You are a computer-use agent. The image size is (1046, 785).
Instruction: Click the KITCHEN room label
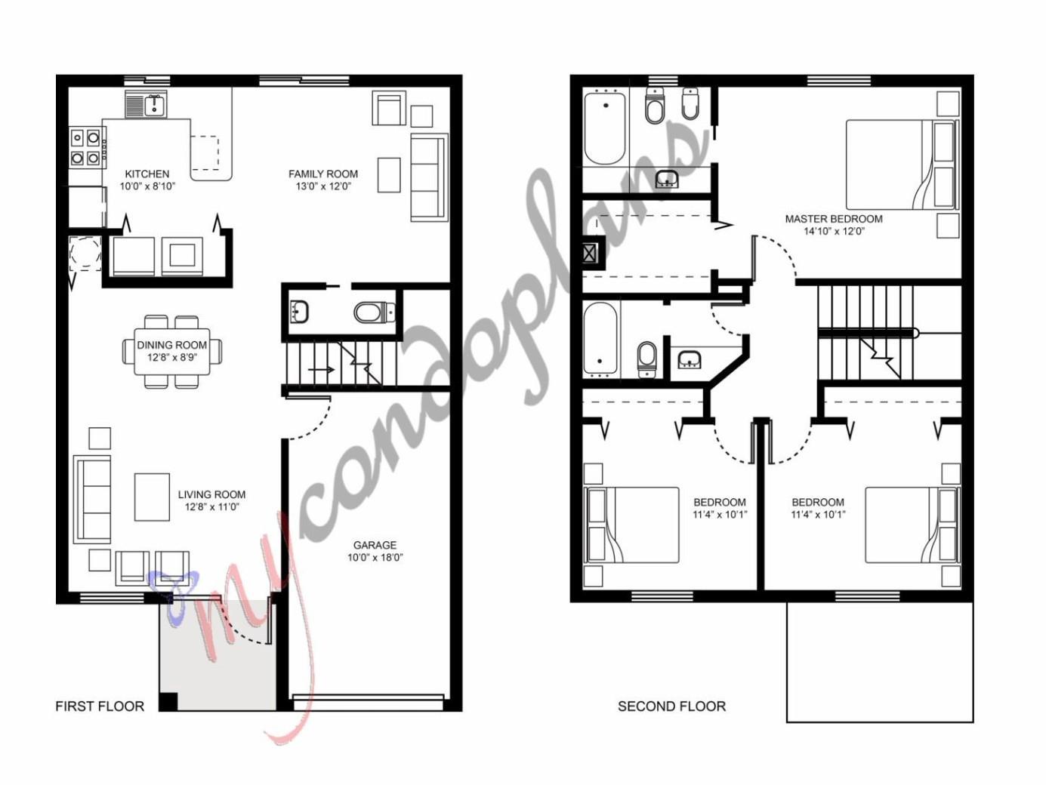click(x=147, y=174)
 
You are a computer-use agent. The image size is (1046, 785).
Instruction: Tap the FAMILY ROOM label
click(x=322, y=174)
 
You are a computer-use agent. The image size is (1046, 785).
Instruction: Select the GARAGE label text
click(x=375, y=545)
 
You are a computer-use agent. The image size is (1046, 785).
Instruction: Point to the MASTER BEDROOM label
click(x=833, y=219)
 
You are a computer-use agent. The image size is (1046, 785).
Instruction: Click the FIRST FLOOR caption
click(x=100, y=706)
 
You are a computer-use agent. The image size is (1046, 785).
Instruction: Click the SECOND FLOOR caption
click(x=671, y=706)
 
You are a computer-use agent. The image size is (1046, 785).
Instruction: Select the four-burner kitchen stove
click(x=85, y=148)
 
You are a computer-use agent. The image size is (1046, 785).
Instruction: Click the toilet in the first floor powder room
click(x=373, y=312)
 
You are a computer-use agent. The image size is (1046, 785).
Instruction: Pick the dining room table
click(x=172, y=352)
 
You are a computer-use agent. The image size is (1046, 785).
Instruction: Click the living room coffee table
click(x=152, y=497)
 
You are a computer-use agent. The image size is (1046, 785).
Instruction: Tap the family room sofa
click(x=428, y=178)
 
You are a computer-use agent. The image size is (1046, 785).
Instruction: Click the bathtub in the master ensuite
click(x=605, y=128)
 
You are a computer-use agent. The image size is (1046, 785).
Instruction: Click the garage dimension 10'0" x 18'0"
click(x=375, y=558)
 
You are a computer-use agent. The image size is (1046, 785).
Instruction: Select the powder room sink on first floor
click(x=300, y=310)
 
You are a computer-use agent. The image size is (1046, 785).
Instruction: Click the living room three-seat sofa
click(x=91, y=499)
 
